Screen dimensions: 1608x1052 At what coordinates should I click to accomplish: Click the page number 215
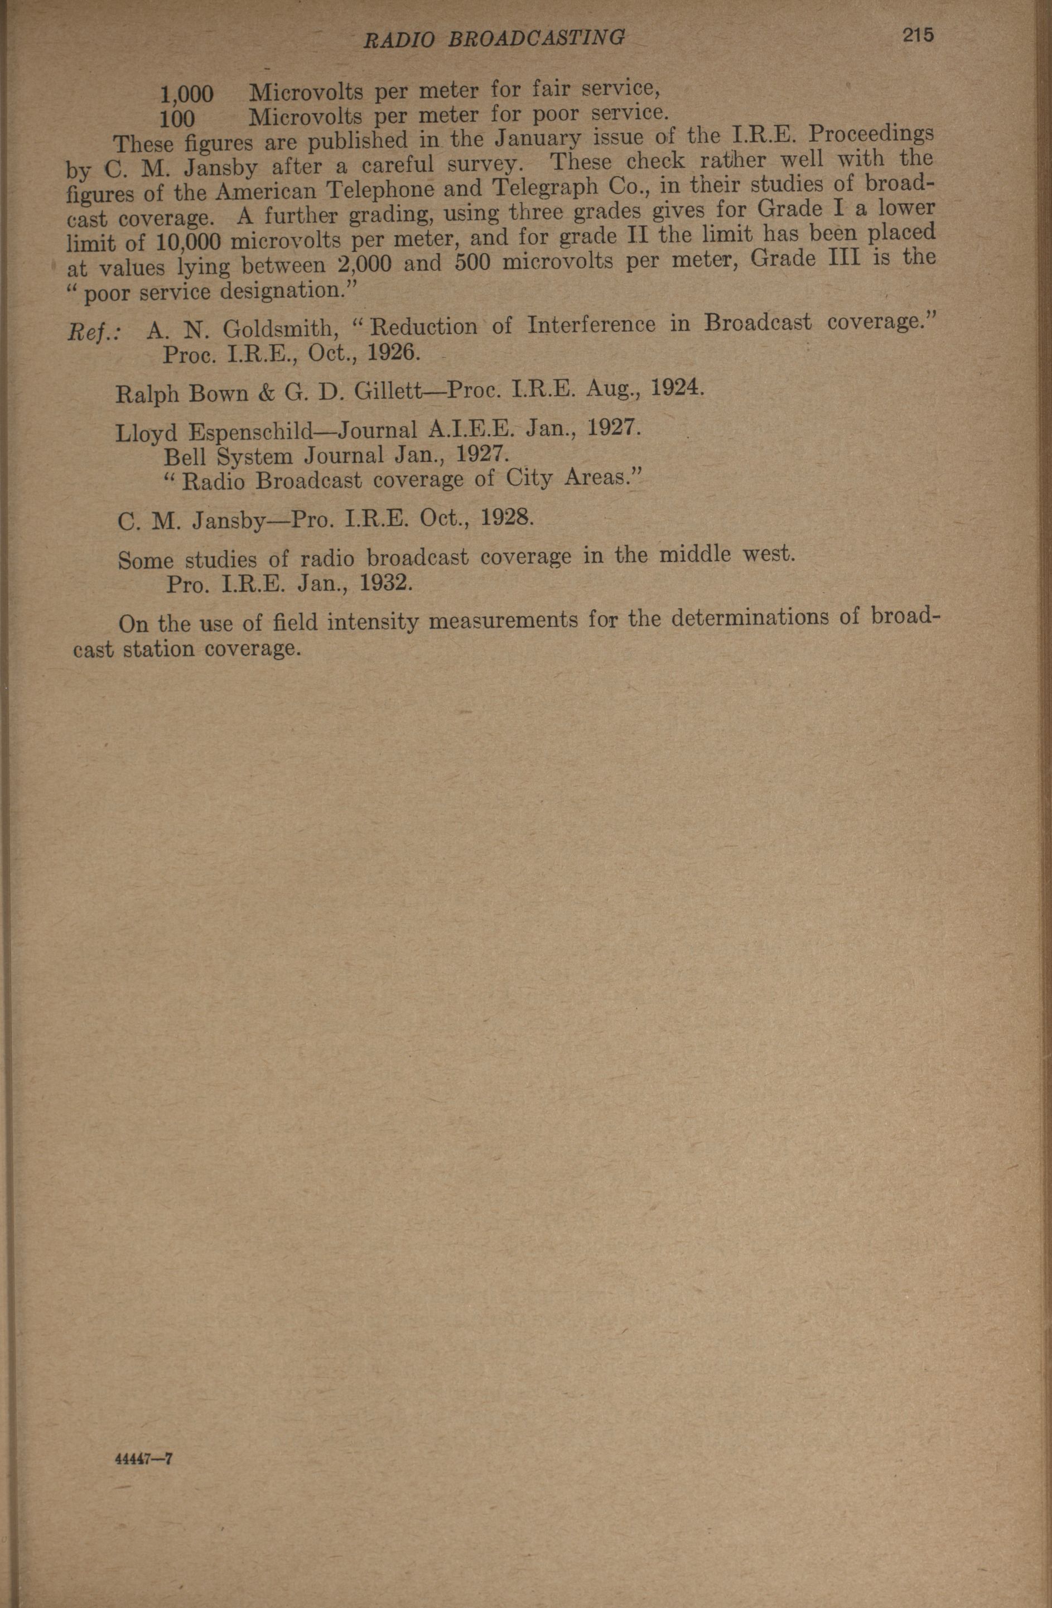pyautogui.click(x=916, y=35)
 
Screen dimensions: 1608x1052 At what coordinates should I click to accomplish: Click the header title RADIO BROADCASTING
pyautogui.click(x=494, y=38)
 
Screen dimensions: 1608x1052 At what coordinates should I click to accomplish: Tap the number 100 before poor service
pyautogui.click(x=177, y=119)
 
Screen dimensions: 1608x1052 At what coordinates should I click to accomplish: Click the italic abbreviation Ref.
pyautogui.click(x=94, y=332)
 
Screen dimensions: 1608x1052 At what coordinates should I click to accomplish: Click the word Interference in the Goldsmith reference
pyautogui.click(x=591, y=324)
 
